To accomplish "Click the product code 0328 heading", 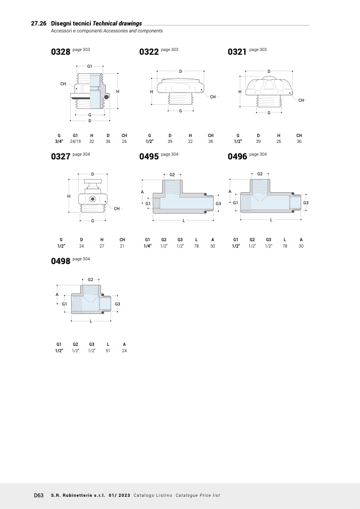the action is pyautogui.click(x=61, y=52).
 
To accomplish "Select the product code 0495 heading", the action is pyautogui.click(x=149, y=156).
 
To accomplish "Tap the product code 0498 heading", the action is pyautogui.click(x=61, y=261).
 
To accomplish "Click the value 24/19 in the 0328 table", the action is pyautogui.click(x=76, y=141).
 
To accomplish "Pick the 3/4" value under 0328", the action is pyautogui.click(x=59, y=141).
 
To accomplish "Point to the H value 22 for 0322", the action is pyautogui.click(x=190, y=141).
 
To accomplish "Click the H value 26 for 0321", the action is pyautogui.click(x=279, y=141).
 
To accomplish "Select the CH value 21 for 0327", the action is pyautogui.click(x=122, y=246).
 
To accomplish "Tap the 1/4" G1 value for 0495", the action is pyautogui.click(x=147, y=246).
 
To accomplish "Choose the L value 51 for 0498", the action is pyautogui.click(x=108, y=351).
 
